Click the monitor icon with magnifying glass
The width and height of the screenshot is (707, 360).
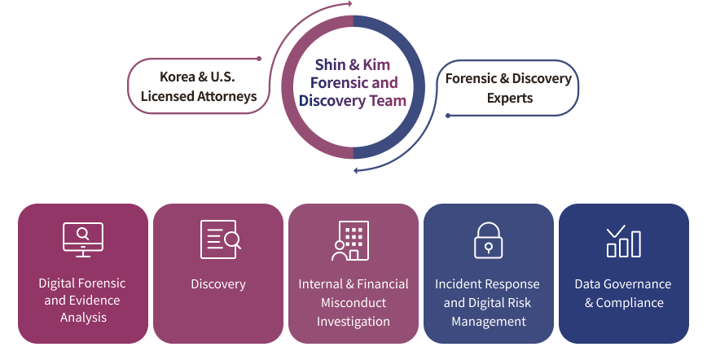click(x=83, y=239)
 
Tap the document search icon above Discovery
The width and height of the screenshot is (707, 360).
click(x=220, y=239)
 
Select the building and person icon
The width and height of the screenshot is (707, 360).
click(x=350, y=240)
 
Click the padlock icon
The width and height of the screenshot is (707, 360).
click(x=489, y=240)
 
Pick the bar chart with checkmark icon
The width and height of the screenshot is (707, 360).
click(x=624, y=241)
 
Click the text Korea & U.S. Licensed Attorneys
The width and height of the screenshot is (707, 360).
click(x=199, y=86)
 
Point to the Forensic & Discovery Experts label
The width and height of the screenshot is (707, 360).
click(x=508, y=88)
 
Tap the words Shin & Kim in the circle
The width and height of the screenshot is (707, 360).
click(x=353, y=64)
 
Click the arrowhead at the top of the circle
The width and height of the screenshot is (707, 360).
click(x=349, y=4)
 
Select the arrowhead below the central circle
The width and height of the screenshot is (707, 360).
click(x=357, y=170)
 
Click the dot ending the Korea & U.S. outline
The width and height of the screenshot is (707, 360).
click(x=259, y=59)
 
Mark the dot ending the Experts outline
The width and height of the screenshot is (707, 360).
click(x=448, y=116)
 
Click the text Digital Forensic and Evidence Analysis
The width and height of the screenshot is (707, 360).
click(x=82, y=300)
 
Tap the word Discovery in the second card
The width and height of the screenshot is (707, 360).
click(x=218, y=283)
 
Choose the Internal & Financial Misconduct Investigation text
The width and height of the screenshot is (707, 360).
click(x=353, y=303)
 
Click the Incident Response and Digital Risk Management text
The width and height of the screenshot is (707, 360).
click(x=487, y=303)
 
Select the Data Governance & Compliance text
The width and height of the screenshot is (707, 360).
click(x=623, y=293)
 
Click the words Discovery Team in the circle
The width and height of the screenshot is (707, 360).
click(x=353, y=101)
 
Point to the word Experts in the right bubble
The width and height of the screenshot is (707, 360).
click(x=510, y=98)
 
